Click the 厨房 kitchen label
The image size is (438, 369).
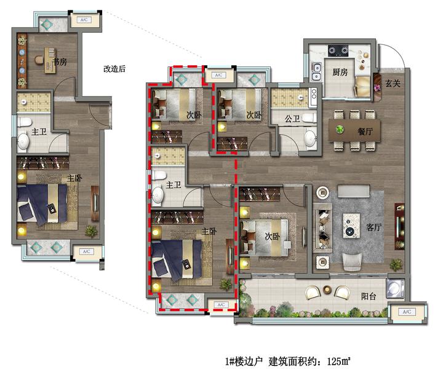[x=340, y=72]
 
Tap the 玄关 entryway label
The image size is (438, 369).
[x=393, y=83]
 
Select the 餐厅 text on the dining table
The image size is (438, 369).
[x=365, y=131]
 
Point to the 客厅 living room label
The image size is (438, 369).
[x=374, y=227]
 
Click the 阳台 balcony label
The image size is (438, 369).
[x=368, y=296]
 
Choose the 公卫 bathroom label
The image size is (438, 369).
[x=292, y=119]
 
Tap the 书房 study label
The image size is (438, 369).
[x=60, y=61]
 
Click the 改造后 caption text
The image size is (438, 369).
[x=114, y=69]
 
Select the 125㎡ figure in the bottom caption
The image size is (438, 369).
[x=338, y=362]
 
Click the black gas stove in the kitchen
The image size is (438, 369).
[x=338, y=50]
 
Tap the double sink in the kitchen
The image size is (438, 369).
[x=316, y=71]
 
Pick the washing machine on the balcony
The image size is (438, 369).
[x=395, y=288]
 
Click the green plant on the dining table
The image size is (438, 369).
[x=340, y=129]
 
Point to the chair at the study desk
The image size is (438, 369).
[x=39, y=60]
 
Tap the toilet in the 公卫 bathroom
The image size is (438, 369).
[x=309, y=119]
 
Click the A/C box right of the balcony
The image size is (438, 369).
[x=407, y=312]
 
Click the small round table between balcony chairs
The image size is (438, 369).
[x=327, y=290]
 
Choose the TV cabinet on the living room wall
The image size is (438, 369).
[x=399, y=226]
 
